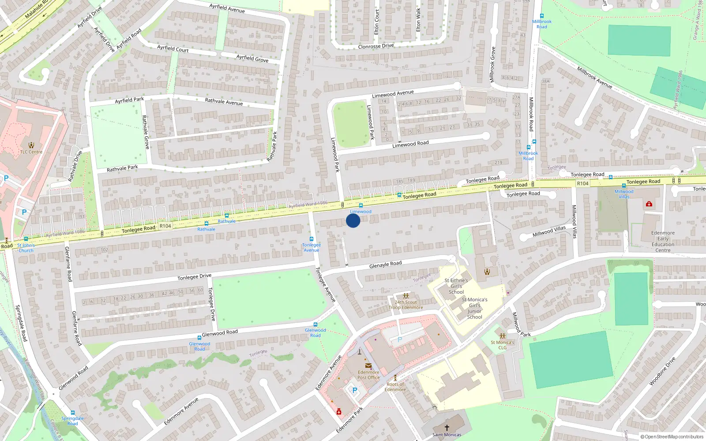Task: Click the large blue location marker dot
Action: click(353, 220)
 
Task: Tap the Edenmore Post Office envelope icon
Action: click(368, 366)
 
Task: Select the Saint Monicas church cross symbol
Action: click(447, 427)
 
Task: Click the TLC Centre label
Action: click(31, 152)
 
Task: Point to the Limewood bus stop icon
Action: click(361, 206)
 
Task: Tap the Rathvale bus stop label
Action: click(206, 229)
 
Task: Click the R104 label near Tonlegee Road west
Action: click(165, 226)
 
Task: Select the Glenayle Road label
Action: click(385, 264)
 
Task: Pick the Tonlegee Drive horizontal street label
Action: click(194, 277)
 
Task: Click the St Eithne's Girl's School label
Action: click(456, 286)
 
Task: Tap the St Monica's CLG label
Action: click(503, 345)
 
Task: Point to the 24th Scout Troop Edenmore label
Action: click(406, 305)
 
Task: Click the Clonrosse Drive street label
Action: click(376, 46)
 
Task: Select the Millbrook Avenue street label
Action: click(594, 78)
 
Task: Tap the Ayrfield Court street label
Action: click(173, 49)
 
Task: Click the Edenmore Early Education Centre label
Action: click(663, 242)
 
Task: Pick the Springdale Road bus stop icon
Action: click(72, 413)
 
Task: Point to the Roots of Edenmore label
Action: click(395, 387)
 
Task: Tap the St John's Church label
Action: click(26, 248)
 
